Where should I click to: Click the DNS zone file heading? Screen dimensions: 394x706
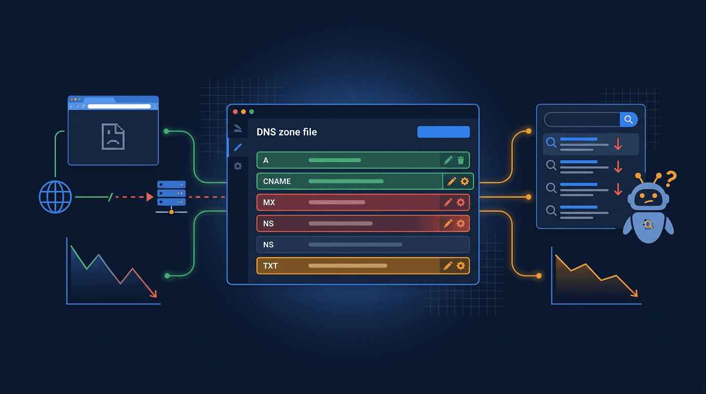tap(286, 132)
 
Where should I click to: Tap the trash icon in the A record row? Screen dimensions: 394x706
tap(461, 161)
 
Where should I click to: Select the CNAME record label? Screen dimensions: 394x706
tap(277, 181)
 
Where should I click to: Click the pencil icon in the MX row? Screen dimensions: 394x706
tap(448, 203)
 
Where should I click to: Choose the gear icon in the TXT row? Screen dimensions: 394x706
tap(461, 265)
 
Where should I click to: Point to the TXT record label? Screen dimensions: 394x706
tap(270, 265)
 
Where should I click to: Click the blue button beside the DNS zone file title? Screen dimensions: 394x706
tap(443, 132)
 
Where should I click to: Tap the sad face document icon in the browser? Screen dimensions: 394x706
tap(113, 136)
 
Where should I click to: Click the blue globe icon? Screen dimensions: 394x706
tap(55, 197)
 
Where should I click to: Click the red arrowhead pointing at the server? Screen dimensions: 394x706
tap(150, 197)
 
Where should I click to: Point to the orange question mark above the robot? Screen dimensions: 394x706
tap(670, 178)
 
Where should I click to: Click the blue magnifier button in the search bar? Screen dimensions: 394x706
tap(629, 120)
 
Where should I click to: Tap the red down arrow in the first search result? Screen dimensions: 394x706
tap(618, 144)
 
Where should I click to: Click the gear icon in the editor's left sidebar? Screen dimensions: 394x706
tap(238, 166)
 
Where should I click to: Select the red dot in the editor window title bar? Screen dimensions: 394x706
tap(236, 112)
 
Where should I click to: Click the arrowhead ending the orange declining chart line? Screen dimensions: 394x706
tap(635, 294)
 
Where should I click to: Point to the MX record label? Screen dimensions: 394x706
tap(269, 203)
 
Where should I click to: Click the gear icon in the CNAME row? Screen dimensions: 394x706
tap(464, 181)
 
